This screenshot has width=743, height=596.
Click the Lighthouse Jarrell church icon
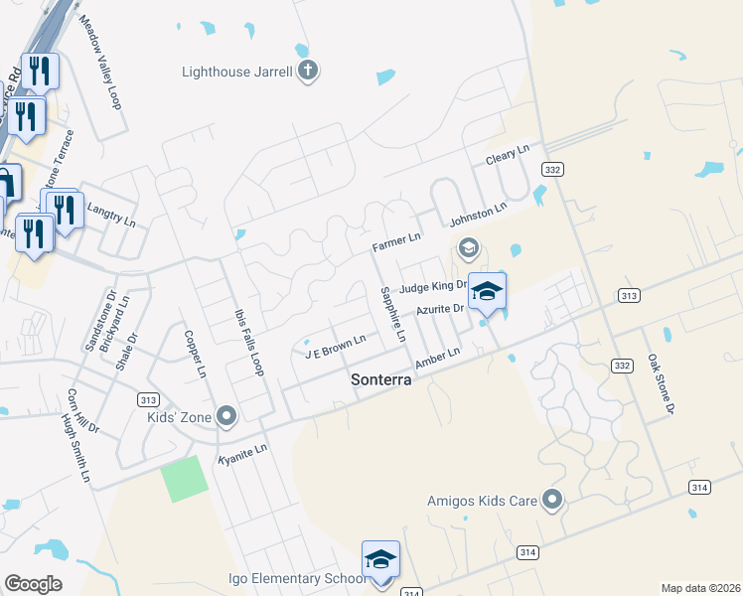coord(308,71)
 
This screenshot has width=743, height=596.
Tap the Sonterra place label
coord(381,380)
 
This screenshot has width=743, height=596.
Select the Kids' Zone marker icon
coord(226,415)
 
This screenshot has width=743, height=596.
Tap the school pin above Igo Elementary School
coord(380,560)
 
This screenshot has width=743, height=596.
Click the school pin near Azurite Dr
coord(487,292)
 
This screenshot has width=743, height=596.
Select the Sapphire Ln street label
coord(393,314)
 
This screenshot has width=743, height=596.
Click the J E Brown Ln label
coord(336,346)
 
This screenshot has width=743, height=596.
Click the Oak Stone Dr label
coord(662,383)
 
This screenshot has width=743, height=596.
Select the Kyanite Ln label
coord(243,453)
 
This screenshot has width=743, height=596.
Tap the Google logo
coord(33,584)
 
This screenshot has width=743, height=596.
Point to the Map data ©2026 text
coord(700,588)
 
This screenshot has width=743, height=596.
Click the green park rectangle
coord(185,479)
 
